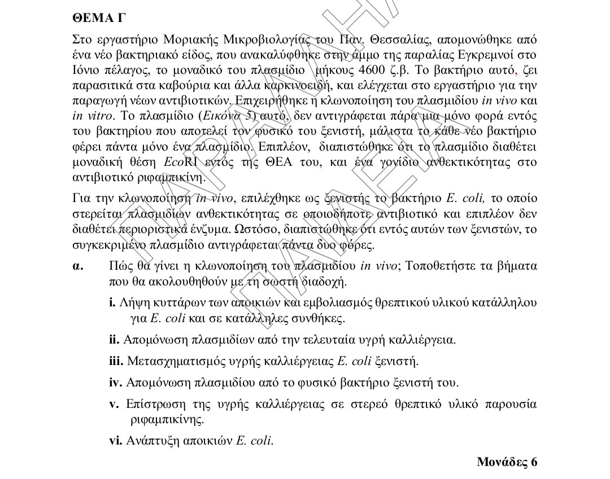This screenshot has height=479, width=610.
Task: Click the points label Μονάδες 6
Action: (507, 463)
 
